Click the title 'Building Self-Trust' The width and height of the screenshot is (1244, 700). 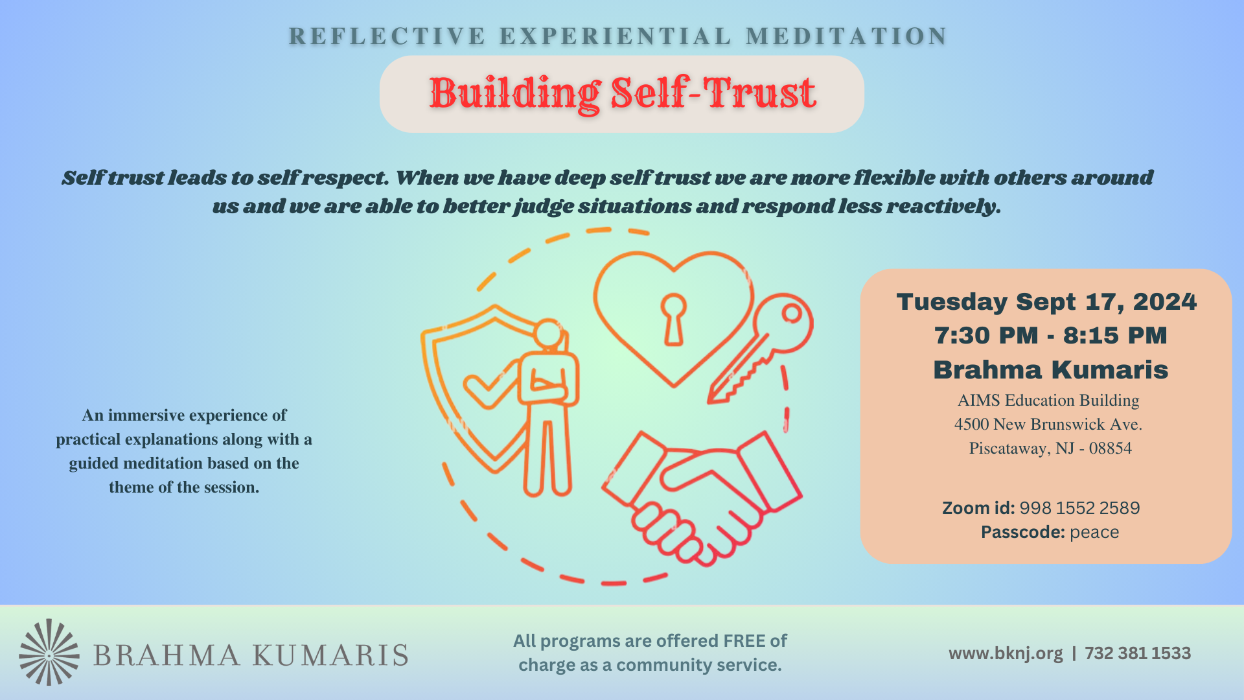tap(622, 93)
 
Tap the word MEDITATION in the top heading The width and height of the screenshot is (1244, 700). tap(846, 36)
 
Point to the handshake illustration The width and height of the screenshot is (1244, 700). tap(703, 496)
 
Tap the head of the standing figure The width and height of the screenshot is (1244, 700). tap(548, 334)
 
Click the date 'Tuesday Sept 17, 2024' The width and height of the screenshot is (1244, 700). tap(1046, 302)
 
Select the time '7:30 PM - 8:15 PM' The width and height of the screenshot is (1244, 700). tap(1050, 336)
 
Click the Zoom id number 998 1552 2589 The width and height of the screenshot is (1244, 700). tap(1079, 508)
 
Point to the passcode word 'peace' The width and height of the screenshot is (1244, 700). tap(1094, 532)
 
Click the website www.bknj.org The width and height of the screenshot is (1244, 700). tap(1006, 653)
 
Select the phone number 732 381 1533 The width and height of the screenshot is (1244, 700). tap(1138, 653)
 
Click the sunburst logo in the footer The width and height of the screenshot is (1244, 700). tap(49, 652)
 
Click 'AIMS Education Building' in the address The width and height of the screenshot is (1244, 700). tap(1048, 401)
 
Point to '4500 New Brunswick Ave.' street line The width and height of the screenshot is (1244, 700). tap(1048, 425)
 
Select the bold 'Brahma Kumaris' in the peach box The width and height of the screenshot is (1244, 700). tap(1050, 370)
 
